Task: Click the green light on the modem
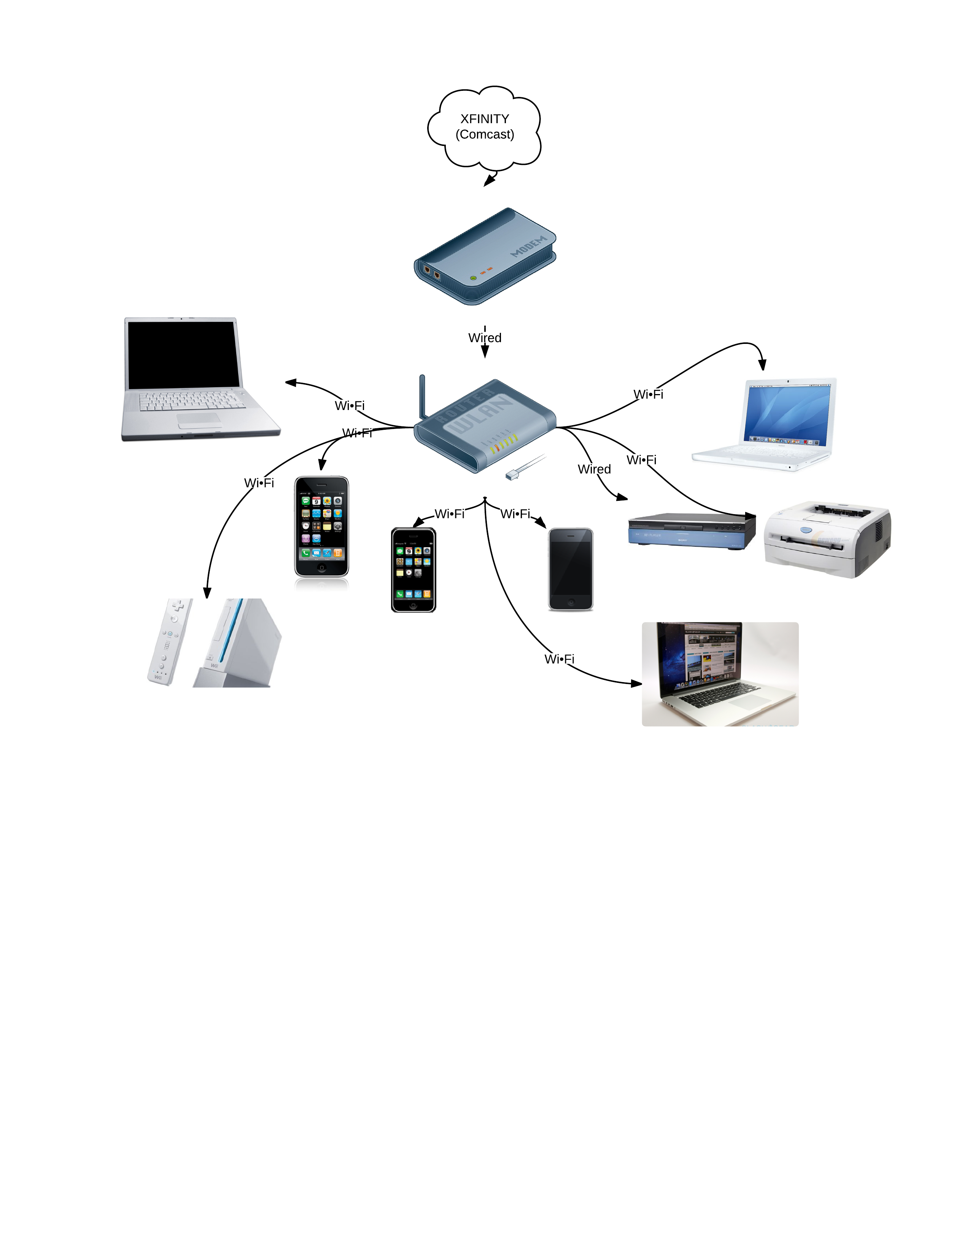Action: (473, 278)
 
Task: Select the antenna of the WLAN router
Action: (422, 396)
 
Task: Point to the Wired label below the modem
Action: (484, 337)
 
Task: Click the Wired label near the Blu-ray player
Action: (594, 469)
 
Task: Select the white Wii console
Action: (239, 643)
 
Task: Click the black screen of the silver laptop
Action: (183, 354)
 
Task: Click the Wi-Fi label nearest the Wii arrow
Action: (259, 483)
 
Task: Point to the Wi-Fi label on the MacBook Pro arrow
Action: (559, 659)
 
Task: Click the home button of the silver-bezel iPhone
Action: (321, 568)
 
